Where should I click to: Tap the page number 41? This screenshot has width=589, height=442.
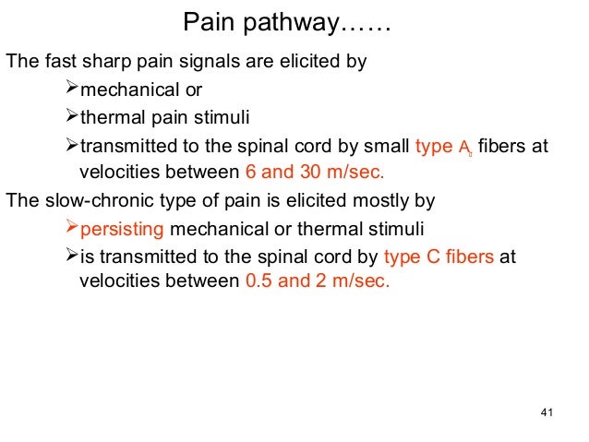tap(544, 411)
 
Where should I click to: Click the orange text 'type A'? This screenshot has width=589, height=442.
tap(442, 146)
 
